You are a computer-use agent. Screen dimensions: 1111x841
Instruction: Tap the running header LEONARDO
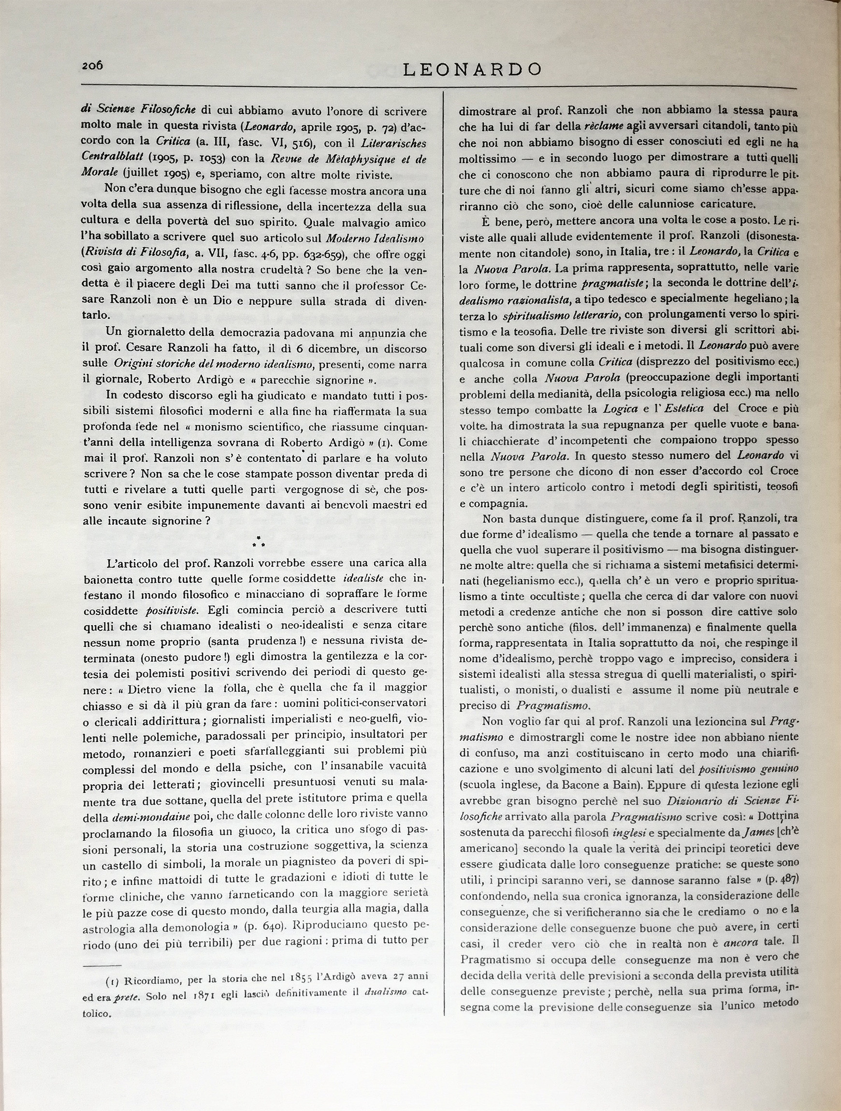pos(472,69)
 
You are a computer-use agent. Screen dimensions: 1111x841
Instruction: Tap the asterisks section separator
pos(259,542)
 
